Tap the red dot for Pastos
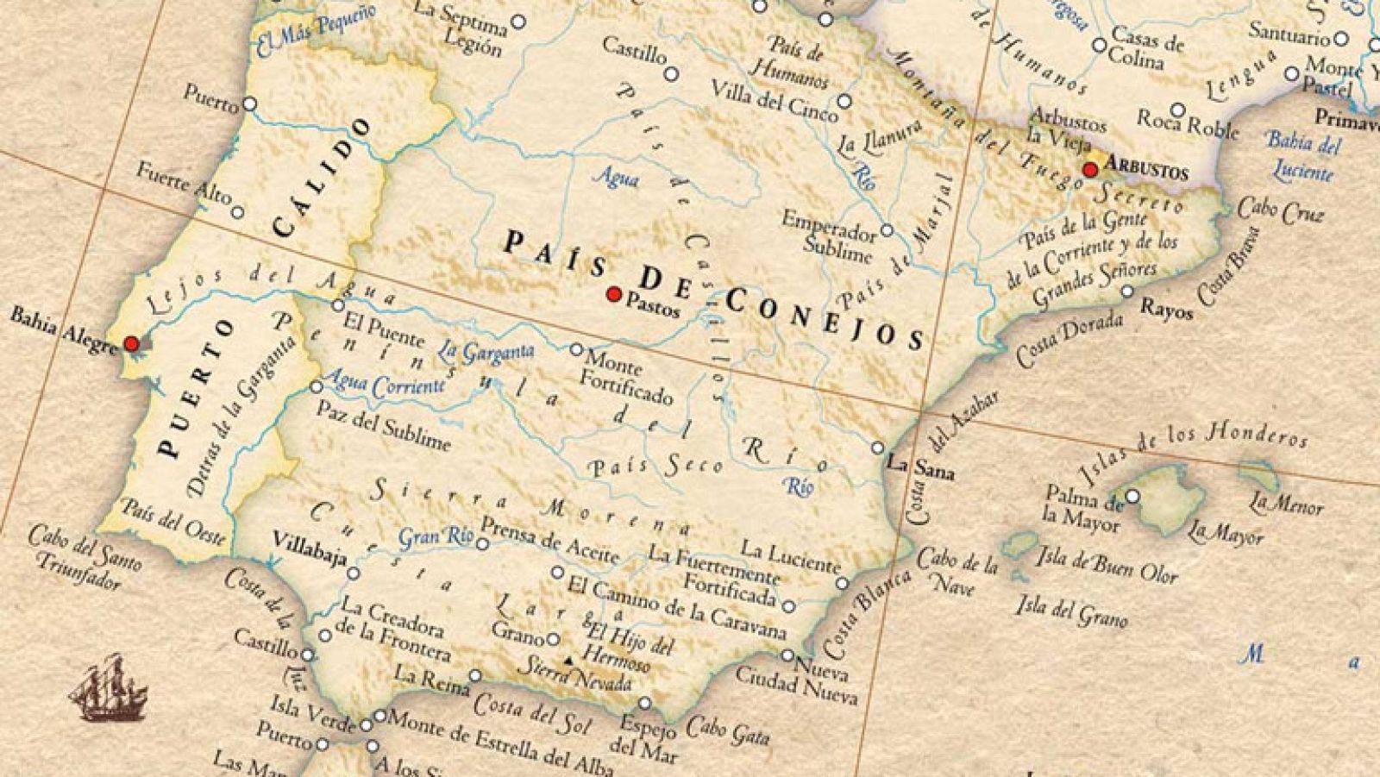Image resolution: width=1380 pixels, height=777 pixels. [614, 294]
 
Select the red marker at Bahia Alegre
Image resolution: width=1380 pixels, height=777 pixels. [131, 343]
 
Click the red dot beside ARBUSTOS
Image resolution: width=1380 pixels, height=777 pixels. [1090, 169]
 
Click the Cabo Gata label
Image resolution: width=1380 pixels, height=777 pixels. [727, 731]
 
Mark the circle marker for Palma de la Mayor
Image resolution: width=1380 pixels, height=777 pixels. [1132, 496]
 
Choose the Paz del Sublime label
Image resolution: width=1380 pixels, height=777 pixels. [383, 426]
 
